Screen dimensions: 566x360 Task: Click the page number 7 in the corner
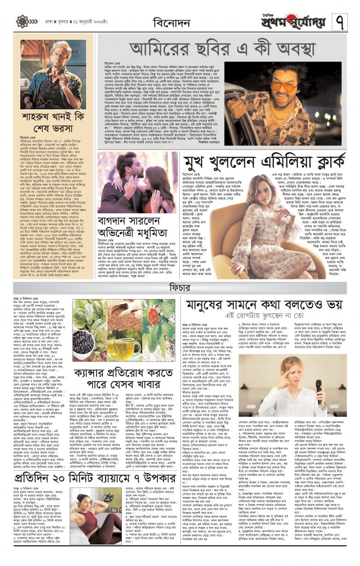340,21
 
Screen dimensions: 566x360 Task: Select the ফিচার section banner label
180,286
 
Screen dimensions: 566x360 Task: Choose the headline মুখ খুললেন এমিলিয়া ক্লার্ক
265,162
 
